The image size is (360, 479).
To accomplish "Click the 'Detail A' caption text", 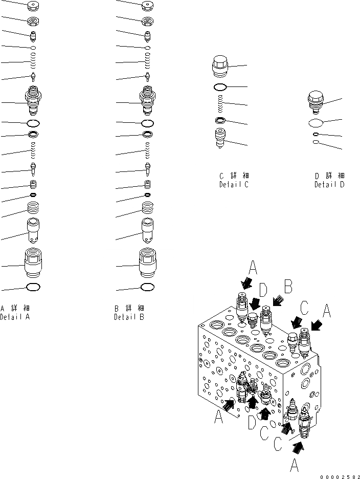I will tap(15, 317).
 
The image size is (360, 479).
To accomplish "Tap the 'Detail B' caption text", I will tap(129, 317).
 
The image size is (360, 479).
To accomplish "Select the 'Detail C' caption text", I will tap(234, 184).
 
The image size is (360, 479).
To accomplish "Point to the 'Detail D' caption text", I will tap(329, 184).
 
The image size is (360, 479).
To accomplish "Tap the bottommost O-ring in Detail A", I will tap(33, 287).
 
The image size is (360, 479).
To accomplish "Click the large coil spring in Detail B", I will tap(147, 208).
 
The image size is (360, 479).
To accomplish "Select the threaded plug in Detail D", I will tap(317, 102).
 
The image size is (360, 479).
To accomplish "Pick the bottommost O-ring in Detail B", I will tap(147, 287).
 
